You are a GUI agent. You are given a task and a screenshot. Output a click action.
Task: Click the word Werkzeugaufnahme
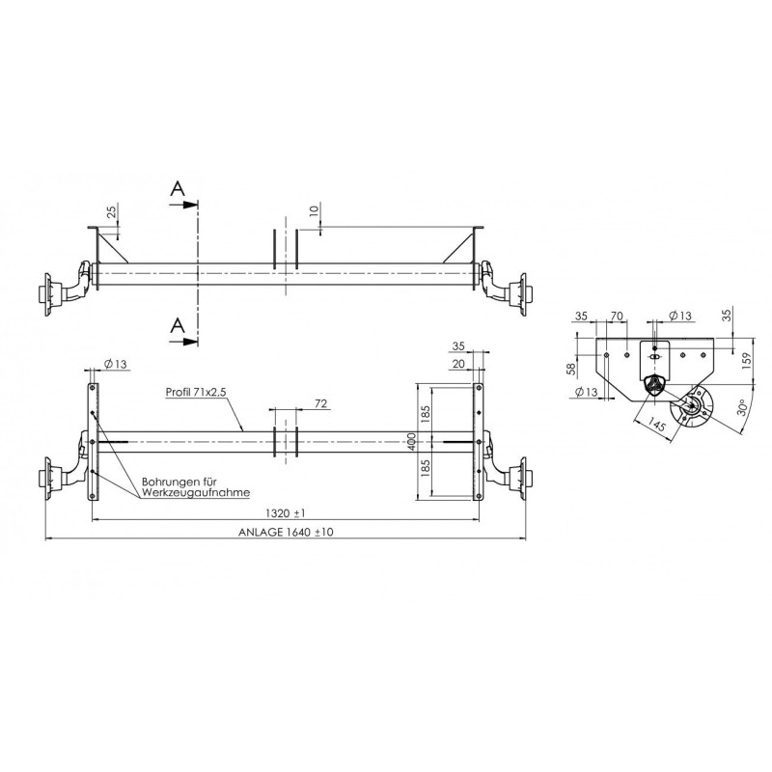[195, 492]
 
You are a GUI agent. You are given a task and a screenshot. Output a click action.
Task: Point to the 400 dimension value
[413, 442]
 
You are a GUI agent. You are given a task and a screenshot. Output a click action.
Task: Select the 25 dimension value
[112, 211]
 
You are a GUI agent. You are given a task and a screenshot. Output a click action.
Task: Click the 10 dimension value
[315, 211]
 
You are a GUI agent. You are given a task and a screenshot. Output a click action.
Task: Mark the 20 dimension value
[456, 364]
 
